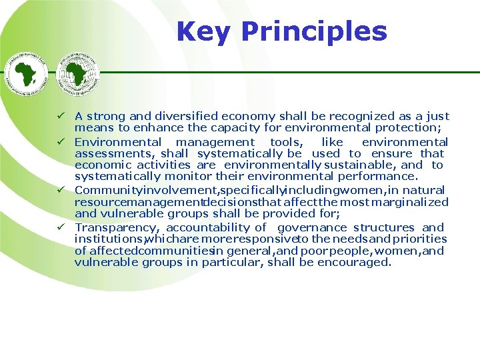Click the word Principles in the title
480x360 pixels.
click(313, 31)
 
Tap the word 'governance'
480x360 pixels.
click(312, 227)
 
